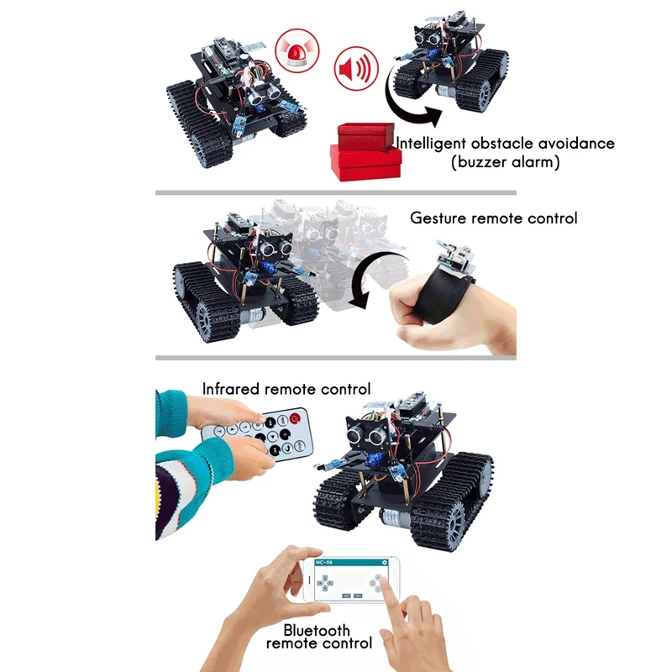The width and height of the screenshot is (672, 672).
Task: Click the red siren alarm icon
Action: click(x=297, y=50)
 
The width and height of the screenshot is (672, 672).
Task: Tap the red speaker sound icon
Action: click(x=356, y=68)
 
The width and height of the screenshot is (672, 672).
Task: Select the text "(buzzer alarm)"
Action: click(x=506, y=162)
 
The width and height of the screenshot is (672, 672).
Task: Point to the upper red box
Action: click(x=365, y=135)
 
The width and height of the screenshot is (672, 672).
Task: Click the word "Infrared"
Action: click(x=232, y=389)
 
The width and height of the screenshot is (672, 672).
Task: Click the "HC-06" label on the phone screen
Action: click(x=324, y=562)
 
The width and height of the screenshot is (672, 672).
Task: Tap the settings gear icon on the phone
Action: click(x=384, y=562)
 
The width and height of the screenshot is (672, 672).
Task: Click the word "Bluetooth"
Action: click(x=317, y=631)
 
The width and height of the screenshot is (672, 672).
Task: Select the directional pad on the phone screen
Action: click(x=325, y=583)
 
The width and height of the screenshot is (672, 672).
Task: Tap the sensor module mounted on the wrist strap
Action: click(x=455, y=260)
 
